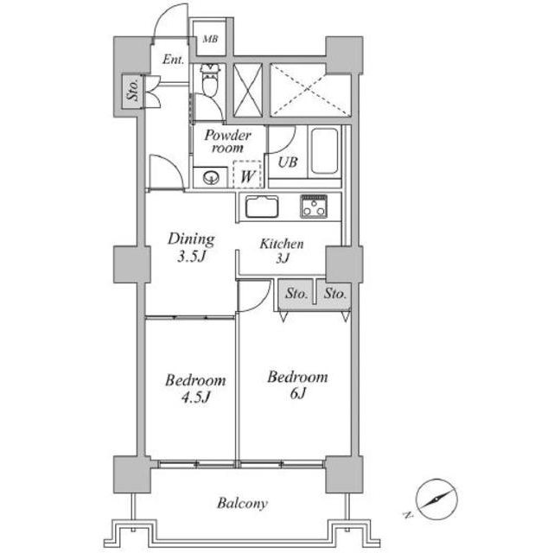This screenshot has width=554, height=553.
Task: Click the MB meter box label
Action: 210,39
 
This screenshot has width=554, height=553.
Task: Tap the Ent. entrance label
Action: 173,60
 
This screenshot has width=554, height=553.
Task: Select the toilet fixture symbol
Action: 210,80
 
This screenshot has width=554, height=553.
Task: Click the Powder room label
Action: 227,141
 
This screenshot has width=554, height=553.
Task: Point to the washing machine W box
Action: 247,175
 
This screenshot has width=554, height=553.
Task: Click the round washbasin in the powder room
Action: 211,177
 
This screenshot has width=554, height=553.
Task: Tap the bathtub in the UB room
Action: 324,151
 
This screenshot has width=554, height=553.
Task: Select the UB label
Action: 288,162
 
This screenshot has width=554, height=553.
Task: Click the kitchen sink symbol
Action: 262,207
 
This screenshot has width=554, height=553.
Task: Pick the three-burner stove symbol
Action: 314,207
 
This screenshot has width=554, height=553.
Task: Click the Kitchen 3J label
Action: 282,251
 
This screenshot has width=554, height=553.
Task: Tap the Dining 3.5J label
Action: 191,247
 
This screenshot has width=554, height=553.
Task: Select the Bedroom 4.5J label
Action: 195,389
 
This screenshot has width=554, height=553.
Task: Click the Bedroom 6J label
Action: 297,385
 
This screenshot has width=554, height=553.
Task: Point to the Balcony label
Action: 242,503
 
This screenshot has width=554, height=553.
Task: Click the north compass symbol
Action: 436,499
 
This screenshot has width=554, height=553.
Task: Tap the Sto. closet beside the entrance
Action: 133,92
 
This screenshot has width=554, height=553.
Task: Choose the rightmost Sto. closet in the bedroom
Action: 334,294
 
